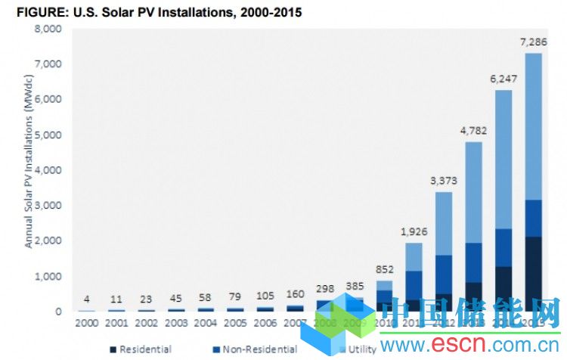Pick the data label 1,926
[414, 230]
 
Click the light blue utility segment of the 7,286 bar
[533, 125]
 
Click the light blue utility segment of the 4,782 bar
[473, 192]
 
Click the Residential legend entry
[144, 349]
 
